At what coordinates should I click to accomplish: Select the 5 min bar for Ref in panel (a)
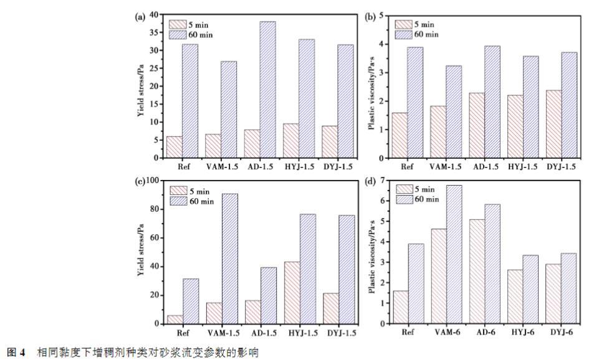click(x=174, y=147)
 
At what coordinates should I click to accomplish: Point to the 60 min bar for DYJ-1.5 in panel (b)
click(x=569, y=105)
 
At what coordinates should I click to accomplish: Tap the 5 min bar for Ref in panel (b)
click(x=400, y=135)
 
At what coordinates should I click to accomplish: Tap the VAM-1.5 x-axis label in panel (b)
click(x=446, y=167)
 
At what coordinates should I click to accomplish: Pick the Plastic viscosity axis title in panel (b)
click(x=372, y=87)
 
